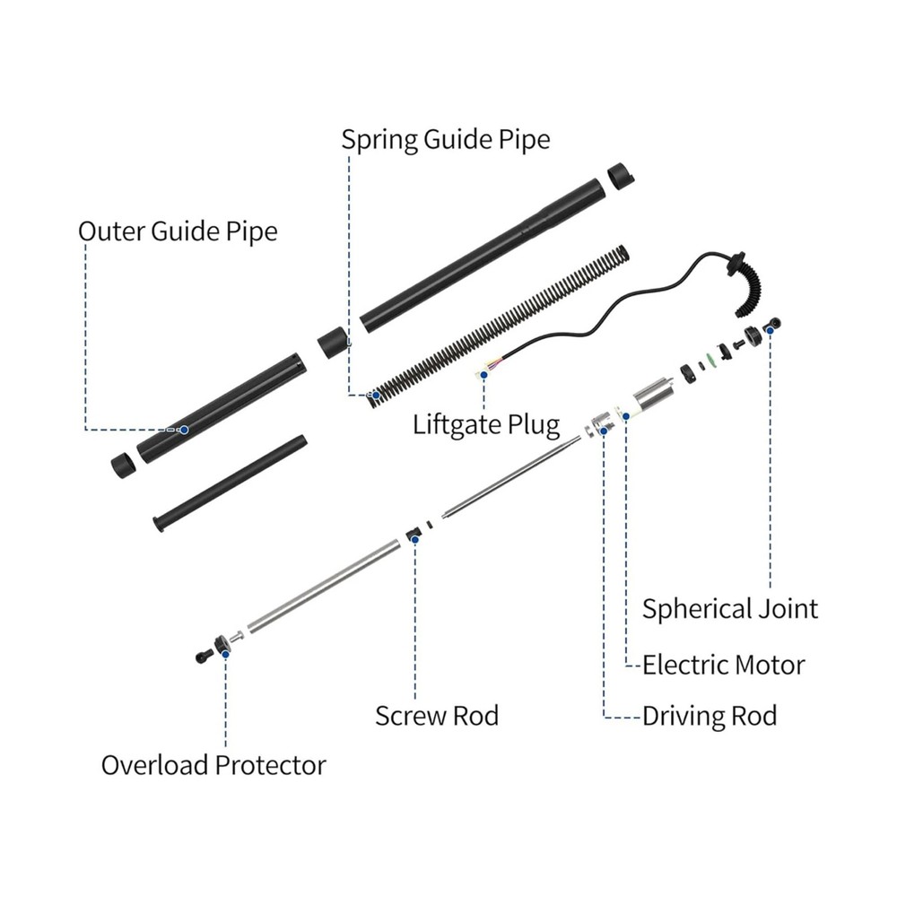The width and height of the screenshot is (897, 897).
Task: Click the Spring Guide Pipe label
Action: [x=445, y=140]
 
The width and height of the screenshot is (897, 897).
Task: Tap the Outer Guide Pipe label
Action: [x=178, y=231]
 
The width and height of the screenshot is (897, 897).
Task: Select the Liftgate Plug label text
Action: [x=486, y=423]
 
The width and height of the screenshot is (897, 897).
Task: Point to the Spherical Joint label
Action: [x=729, y=609]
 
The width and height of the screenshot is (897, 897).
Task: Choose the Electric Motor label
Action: [x=723, y=665]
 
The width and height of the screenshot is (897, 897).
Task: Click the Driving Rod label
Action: [x=709, y=716]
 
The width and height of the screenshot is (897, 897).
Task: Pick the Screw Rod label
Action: [x=436, y=716]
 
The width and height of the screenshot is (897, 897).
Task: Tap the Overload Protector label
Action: [x=213, y=765]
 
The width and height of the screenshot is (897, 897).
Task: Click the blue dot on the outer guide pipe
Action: [x=184, y=430]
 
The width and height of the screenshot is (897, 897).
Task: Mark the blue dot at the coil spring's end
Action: [x=369, y=394]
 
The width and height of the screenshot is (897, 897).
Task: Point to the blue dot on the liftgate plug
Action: [x=484, y=376]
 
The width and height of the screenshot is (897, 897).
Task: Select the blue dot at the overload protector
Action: [x=225, y=654]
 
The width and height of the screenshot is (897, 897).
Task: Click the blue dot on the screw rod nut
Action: [x=414, y=538]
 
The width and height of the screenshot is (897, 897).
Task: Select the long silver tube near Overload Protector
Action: [x=322, y=588]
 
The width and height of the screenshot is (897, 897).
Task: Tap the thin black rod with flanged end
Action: [x=231, y=484]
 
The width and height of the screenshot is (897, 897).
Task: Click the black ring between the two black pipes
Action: [x=333, y=343]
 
